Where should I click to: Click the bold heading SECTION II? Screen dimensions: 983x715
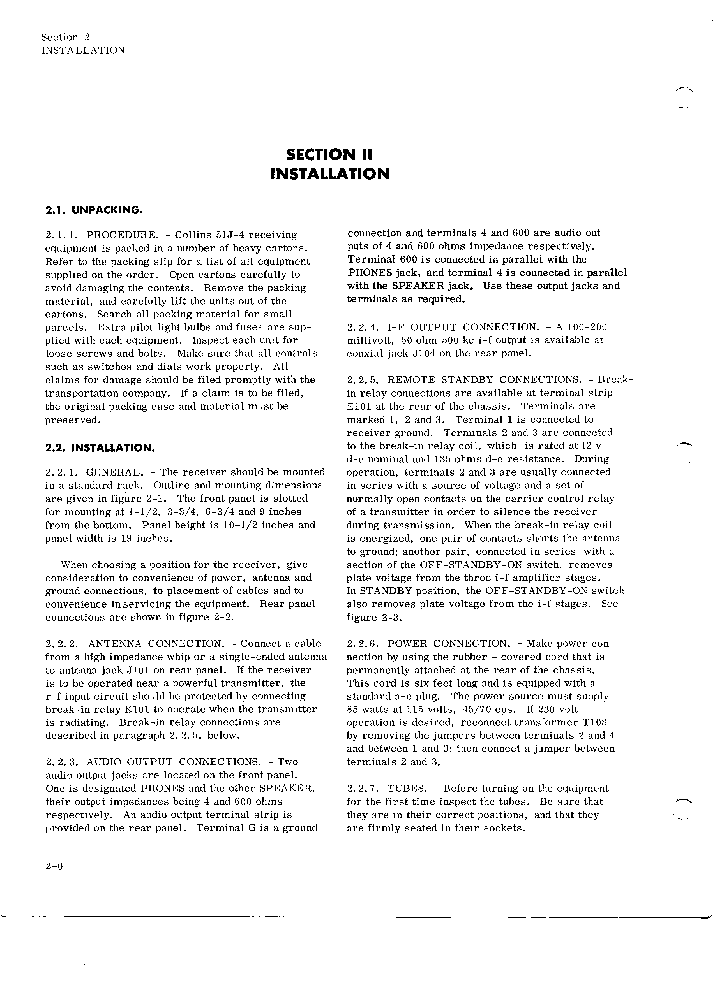point(329,154)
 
